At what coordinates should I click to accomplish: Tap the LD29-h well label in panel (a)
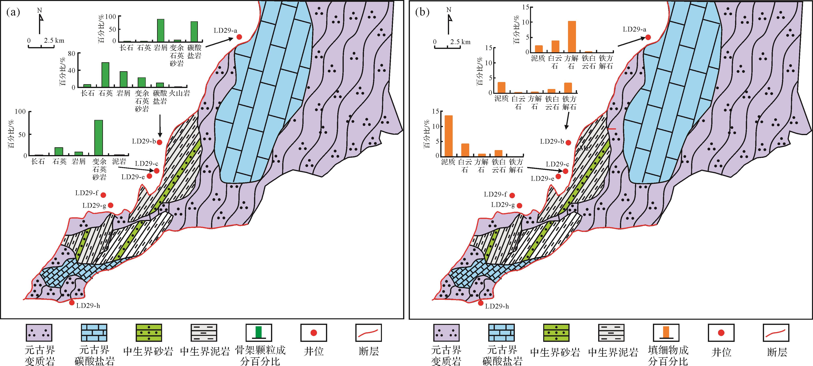coord(88,306)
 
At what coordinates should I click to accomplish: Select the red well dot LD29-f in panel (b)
coord(512,195)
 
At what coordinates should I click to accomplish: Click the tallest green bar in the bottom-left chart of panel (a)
coord(99,137)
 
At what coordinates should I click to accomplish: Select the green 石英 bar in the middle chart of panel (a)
coord(105,75)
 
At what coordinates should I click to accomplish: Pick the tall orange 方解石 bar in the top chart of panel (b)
coord(572,37)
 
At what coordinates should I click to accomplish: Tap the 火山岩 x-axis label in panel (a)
coord(179,93)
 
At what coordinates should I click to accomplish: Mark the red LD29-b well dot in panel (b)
coord(568,142)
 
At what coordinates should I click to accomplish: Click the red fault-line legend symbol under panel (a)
coord(368,333)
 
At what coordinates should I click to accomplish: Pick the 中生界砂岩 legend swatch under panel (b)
coord(556,333)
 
